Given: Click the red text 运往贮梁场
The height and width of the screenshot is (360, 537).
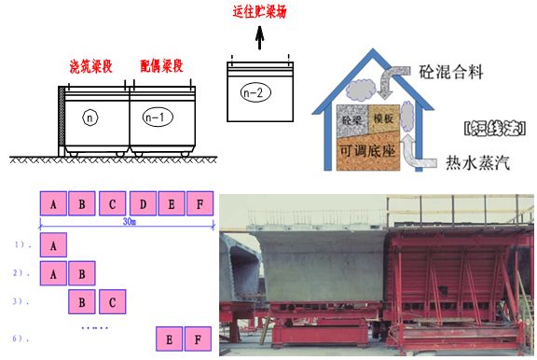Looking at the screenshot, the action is pyautogui.click(x=259, y=12).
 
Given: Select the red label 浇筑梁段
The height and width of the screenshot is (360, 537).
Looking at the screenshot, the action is pyautogui.click(x=92, y=68).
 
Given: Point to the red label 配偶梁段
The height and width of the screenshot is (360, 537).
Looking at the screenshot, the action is pyautogui.click(x=161, y=68).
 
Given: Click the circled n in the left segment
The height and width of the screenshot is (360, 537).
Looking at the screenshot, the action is pyautogui.click(x=90, y=118).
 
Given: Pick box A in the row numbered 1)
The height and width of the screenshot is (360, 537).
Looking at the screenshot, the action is pyautogui.click(x=55, y=245).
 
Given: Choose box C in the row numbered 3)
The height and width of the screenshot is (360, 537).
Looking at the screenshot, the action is pyautogui.click(x=111, y=302).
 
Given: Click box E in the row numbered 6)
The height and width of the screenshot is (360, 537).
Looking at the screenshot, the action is pyautogui.click(x=170, y=338).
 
